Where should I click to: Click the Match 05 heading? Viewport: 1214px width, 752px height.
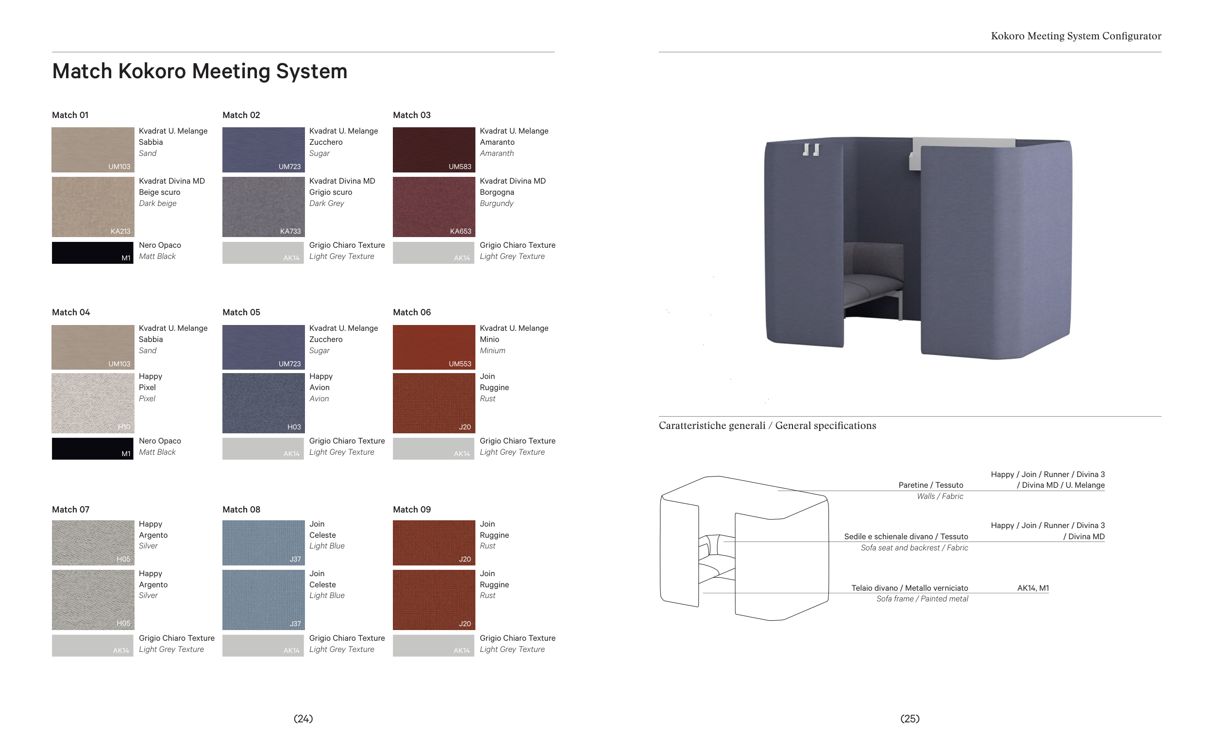pyautogui.click(x=241, y=312)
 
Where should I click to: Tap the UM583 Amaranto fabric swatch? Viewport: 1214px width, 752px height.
pyautogui.click(x=434, y=150)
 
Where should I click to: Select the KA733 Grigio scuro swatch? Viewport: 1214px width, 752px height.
pyautogui.click(x=263, y=207)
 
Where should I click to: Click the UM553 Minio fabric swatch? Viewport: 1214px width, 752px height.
pyautogui.click(x=434, y=347)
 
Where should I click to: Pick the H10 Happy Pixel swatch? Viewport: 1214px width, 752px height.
pyautogui.click(x=93, y=403)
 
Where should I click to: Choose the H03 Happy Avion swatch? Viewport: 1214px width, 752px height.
pyautogui.click(x=263, y=403)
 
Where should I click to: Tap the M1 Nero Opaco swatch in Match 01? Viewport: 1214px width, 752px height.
pyautogui.click(x=92, y=253)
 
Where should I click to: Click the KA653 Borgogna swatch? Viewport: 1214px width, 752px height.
pyautogui.click(x=434, y=207)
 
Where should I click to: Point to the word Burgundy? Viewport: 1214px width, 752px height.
pyautogui.click(x=496, y=204)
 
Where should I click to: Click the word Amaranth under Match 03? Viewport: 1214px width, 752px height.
pyautogui.click(x=497, y=153)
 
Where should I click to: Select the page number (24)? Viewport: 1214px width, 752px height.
pyautogui.click(x=303, y=718)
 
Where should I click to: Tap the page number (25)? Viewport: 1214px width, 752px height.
pyautogui.click(x=910, y=718)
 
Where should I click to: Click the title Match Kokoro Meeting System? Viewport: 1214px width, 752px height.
pyautogui.click(x=200, y=71)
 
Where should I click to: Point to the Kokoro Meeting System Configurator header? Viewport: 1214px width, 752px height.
pyautogui.click(x=1076, y=36)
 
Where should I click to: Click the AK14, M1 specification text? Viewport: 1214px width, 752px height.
pyautogui.click(x=1032, y=588)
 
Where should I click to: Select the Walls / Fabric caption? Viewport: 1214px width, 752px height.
pyautogui.click(x=940, y=496)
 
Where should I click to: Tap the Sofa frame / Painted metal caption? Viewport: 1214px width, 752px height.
pyautogui.click(x=922, y=599)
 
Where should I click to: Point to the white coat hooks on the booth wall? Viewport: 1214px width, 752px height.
pyautogui.click(x=811, y=150)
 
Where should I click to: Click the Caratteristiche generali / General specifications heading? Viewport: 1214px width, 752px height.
pyautogui.click(x=767, y=426)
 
